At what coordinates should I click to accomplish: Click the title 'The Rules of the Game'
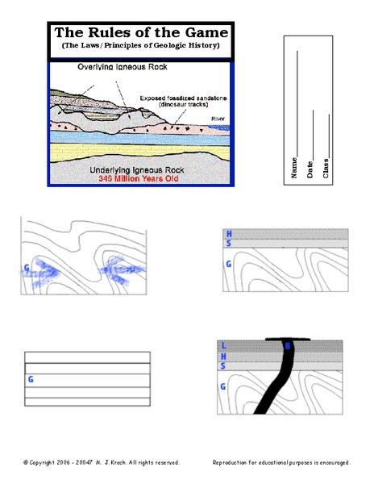tap(141, 32)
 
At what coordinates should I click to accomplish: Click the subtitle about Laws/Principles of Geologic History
tap(140, 45)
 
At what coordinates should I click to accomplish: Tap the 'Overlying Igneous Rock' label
tap(123, 67)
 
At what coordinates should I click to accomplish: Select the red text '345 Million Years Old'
tap(139, 178)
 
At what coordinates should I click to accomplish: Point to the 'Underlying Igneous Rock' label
tap(137, 170)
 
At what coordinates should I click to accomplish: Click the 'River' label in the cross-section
tap(218, 119)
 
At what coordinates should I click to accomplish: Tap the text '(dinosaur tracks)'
tap(184, 104)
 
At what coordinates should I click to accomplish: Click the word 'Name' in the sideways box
tap(294, 168)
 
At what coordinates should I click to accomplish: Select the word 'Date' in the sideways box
tap(310, 169)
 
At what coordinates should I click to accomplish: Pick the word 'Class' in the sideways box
tap(326, 169)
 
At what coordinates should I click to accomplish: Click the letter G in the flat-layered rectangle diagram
tap(31, 379)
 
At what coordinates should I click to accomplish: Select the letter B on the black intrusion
tap(288, 346)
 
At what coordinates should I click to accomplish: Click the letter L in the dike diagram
tap(224, 345)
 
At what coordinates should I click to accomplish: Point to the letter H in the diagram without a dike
tap(229, 234)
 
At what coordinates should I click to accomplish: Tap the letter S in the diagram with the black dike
tap(223, 366)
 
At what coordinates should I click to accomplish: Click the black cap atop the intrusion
tap(288, 340)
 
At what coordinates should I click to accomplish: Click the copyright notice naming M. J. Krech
tap(102, 462)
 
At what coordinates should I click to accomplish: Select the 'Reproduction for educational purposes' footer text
tap(281, 462)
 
